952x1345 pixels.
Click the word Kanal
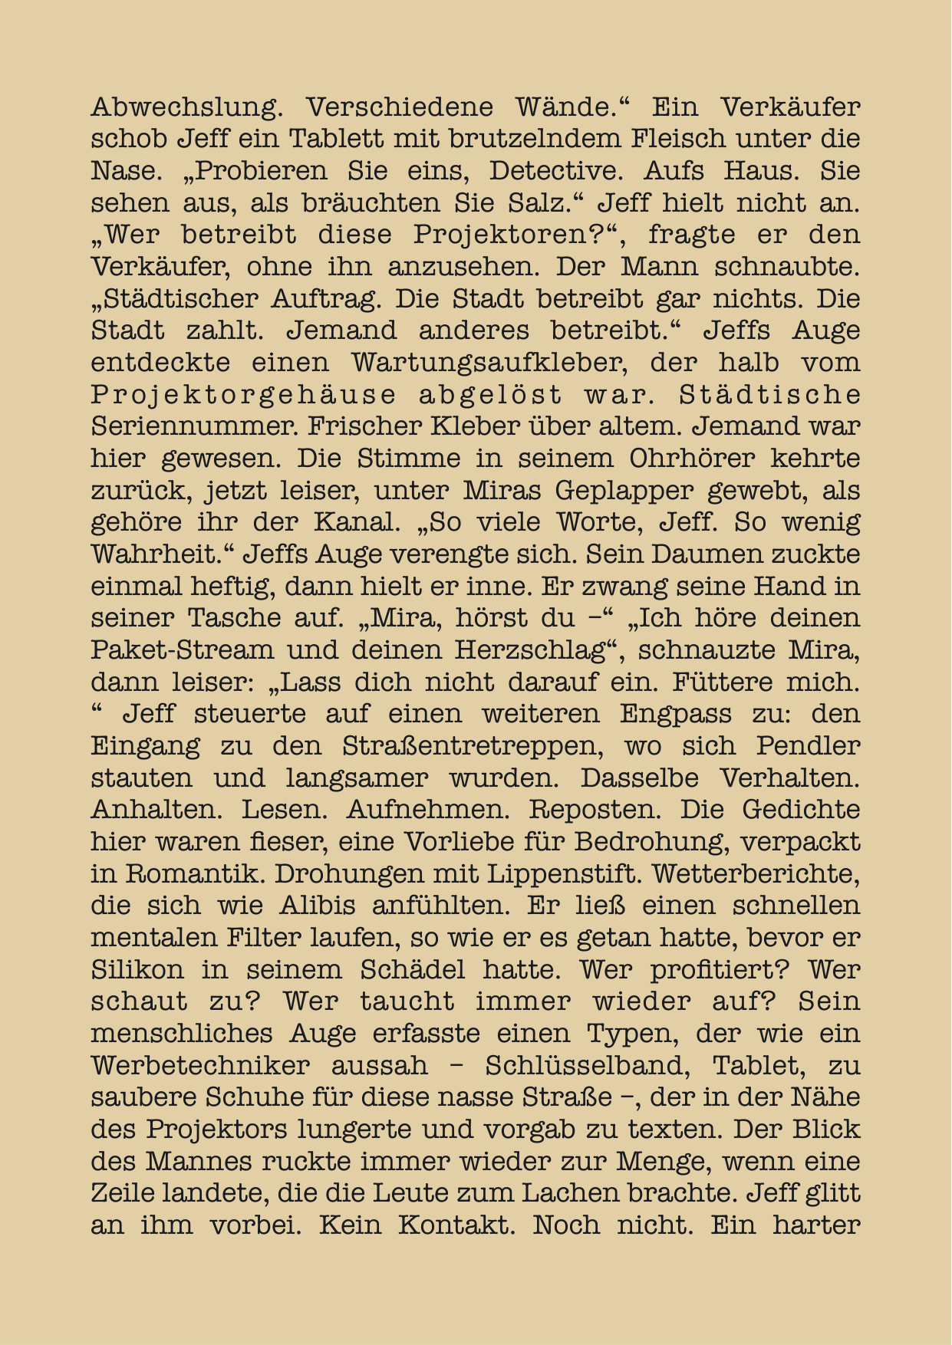click(x=356, y=522)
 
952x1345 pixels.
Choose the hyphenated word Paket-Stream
click(x=182, y=650)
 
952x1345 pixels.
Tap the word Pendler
click(x=808, y=746)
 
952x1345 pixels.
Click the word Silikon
click(x=137, y=970)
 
